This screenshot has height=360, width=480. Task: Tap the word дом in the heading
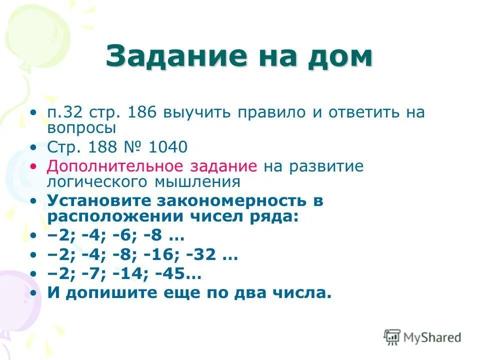(x=341, y=57)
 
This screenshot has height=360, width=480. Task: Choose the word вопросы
(x=82, y=127)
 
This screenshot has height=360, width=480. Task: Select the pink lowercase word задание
(x=223, y=166)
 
